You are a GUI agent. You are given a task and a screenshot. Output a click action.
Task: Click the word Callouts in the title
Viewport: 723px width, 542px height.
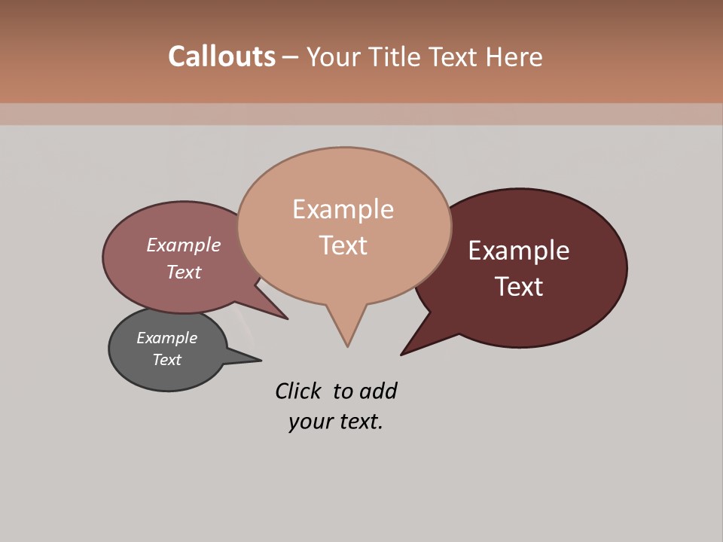click(x=221, y=56)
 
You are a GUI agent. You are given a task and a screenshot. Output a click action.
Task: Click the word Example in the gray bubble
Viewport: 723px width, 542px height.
click(x=166, y=338)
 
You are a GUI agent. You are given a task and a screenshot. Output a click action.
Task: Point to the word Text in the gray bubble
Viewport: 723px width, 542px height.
click(x=166, y=360)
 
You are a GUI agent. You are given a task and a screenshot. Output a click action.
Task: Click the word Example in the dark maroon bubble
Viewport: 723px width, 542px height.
click(x=519, y=251)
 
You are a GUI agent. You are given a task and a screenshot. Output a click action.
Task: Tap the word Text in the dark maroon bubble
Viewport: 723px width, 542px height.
click(x=519, y=286)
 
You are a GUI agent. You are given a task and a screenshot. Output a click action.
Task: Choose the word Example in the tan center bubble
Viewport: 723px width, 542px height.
click(x=343, y=209)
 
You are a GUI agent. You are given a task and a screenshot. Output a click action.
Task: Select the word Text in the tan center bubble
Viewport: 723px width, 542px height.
click(x=343, y=245)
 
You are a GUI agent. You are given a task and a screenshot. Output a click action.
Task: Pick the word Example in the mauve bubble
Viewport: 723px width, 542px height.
click(x=184, y=245)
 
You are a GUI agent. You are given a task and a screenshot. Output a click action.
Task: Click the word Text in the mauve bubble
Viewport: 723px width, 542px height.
click(x=184, y=272)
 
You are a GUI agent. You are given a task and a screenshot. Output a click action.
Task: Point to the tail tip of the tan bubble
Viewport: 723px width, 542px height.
click(x=347, y=346)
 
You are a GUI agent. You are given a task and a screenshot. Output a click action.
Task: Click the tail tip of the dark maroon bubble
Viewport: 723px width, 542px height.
click(x=401, y=355)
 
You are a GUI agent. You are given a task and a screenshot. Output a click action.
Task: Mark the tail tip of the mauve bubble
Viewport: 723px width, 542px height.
click(x=287, y=319)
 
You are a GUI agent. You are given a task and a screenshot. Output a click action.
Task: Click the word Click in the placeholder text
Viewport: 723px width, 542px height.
click(x=297, y=391)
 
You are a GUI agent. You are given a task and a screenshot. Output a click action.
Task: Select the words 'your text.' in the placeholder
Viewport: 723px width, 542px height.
click(x=336, y=421)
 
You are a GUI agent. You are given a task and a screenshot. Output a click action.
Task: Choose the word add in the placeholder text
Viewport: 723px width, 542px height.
click(x=378, y=391)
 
